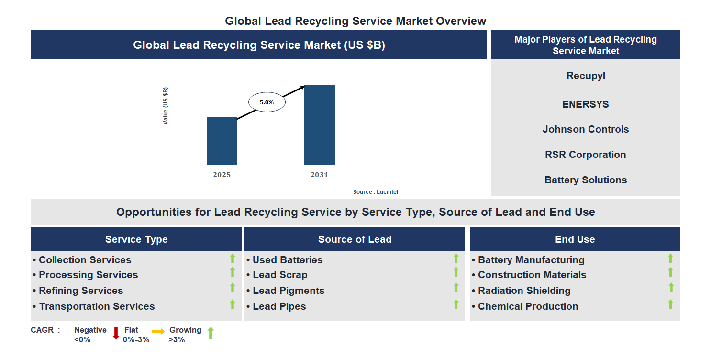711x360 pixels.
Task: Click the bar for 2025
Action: coord(222,141)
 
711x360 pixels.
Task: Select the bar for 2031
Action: coord(319,125)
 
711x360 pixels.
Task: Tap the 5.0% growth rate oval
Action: coord(267,102)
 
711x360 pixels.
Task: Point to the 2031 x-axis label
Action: coord(319,175)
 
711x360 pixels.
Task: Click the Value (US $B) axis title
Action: coord(166,106)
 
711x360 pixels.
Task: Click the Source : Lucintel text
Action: coord(375,192)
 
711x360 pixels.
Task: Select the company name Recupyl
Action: coord(586,76)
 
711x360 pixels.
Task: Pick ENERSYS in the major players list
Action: coord(585,104)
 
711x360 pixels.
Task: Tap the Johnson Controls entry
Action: coord(585,129)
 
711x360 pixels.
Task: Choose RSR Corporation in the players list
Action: coord(585,155)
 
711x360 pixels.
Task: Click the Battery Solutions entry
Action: coord(585,180)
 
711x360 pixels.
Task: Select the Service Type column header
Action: coord(136,239)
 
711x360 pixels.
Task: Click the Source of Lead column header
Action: coord(355,239)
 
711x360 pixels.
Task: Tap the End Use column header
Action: coord(575,239)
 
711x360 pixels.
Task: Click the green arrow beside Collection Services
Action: coord(233,259)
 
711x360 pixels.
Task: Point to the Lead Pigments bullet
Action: coord(288,291)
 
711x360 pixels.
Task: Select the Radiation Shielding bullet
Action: coord(524,291)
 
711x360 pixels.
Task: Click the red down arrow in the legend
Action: coord(116,333)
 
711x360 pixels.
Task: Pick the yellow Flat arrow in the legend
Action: coord(158,331)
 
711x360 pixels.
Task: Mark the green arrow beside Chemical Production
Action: coord(670,304)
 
